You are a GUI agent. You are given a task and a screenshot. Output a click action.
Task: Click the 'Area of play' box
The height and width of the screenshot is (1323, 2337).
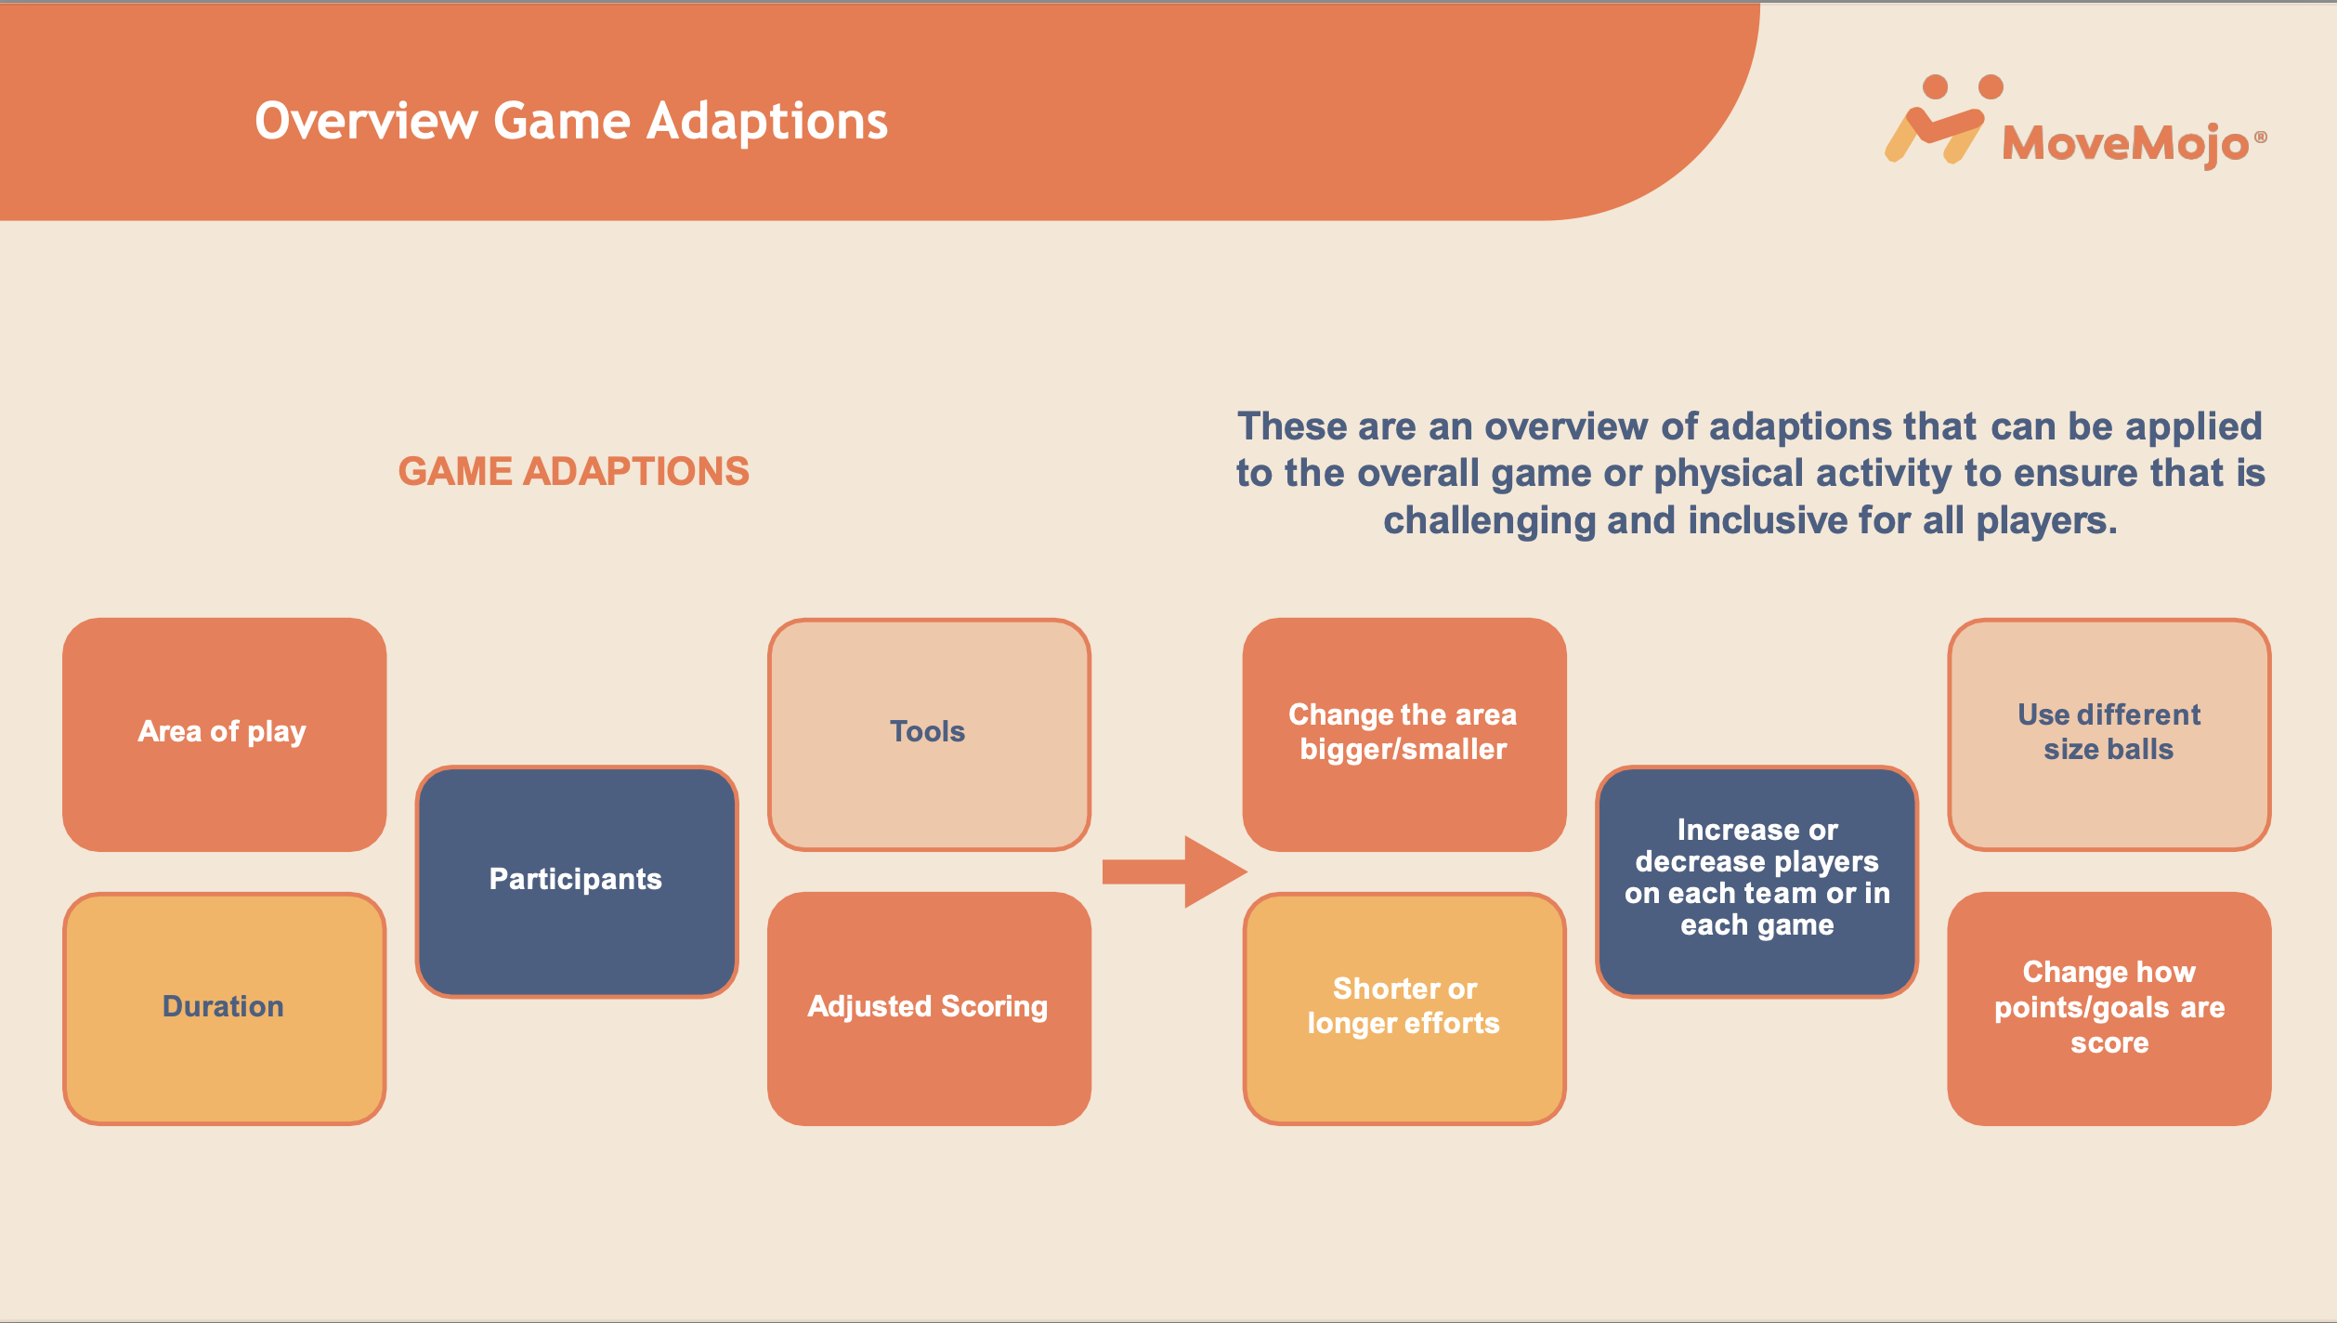[x=224, y=734]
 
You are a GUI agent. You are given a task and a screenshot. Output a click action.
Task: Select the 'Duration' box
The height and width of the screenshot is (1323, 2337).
[x=224, y=1008]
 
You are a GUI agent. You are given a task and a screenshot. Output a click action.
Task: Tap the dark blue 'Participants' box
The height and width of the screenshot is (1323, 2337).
[x=577, y=881]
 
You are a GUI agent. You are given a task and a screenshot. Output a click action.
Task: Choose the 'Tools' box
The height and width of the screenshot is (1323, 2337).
[x=929, y=734]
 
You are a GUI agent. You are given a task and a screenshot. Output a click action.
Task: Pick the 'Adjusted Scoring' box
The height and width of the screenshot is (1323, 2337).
[x=929, y=1008]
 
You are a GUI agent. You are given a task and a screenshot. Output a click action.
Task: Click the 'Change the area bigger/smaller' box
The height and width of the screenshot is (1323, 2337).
[x=1404, y=734]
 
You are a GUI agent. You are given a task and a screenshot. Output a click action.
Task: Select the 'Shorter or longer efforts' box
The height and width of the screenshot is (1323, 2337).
[x=1404, y=1008]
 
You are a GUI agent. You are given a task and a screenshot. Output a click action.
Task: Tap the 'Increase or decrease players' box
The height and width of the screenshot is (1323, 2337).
[x=1756, y=881]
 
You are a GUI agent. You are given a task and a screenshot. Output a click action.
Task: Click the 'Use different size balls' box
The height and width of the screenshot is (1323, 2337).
[x=2109, y=734]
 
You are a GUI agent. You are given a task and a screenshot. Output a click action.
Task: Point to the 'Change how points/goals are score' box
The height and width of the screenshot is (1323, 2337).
[x=2109, y=1008]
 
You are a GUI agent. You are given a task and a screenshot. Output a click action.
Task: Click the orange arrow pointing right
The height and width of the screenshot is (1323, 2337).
[x=1174, y=871]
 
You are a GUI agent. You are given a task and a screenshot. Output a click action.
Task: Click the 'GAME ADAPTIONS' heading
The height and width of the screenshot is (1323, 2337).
[x=574, y=472]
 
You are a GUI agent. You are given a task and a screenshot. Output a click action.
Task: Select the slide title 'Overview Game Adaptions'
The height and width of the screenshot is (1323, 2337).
[x=571, y=123]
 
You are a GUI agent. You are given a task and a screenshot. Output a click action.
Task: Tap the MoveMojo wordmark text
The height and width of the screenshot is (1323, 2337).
[x=2125, y=145]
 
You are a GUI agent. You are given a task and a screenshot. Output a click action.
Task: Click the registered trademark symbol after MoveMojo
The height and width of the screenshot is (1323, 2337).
[x=2261, y=138]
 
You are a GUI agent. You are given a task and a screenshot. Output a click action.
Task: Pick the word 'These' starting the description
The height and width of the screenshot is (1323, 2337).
[x=1292, y=426]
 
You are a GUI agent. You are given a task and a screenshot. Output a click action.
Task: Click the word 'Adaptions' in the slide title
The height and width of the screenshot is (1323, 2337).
[x=767, y=123]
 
